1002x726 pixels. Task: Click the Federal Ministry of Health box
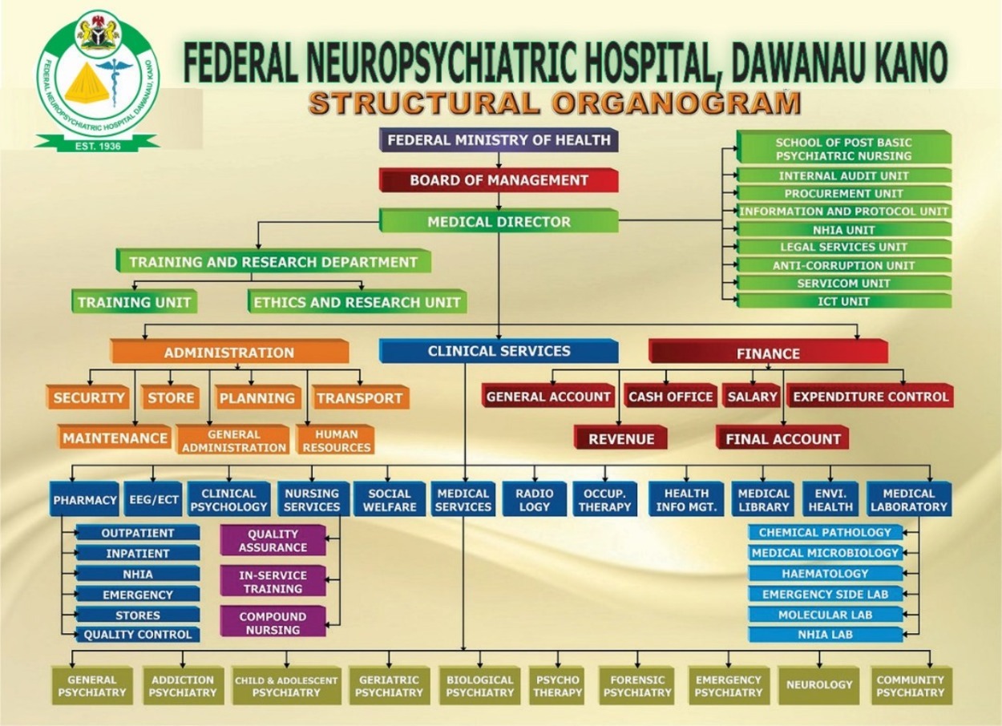pyautogui.click(x=498, y=140)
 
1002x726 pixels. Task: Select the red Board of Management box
pyautogui.click(x=498, y=180)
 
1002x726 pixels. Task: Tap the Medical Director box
pyautogui.click(x=498, y=221)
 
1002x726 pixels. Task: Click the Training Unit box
pyautogui.click(x=133, y=302)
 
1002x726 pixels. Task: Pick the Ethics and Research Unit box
pyautogui.click(x=357, y=302)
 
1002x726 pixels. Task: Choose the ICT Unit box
pyautogui.click(x=843, y=301)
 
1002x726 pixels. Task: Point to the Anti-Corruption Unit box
pyautogui.click(x=843, y=265)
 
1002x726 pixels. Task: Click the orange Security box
pyautogui.click(x=89, y=397)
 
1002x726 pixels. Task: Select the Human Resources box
pyautogui.click(x=336, y=441)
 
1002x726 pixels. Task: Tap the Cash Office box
pyautogui.click(x=670, y=397)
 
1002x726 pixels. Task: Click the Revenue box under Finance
pyautogui.click(x=621, y=439)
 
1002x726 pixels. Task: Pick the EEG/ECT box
pyautogui.click(x=153, y=500)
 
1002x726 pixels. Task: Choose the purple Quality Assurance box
pyautogui.click(x=273, y=541)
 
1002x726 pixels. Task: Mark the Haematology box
pyautogui.click(x=825, y=574)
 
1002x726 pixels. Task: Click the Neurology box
pyautogui.click(x=818, y=685)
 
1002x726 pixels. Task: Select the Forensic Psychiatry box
pyautogui.click(x=638, y=686)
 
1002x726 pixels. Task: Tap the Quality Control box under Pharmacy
pyautogui.click(x=137, y=635)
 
